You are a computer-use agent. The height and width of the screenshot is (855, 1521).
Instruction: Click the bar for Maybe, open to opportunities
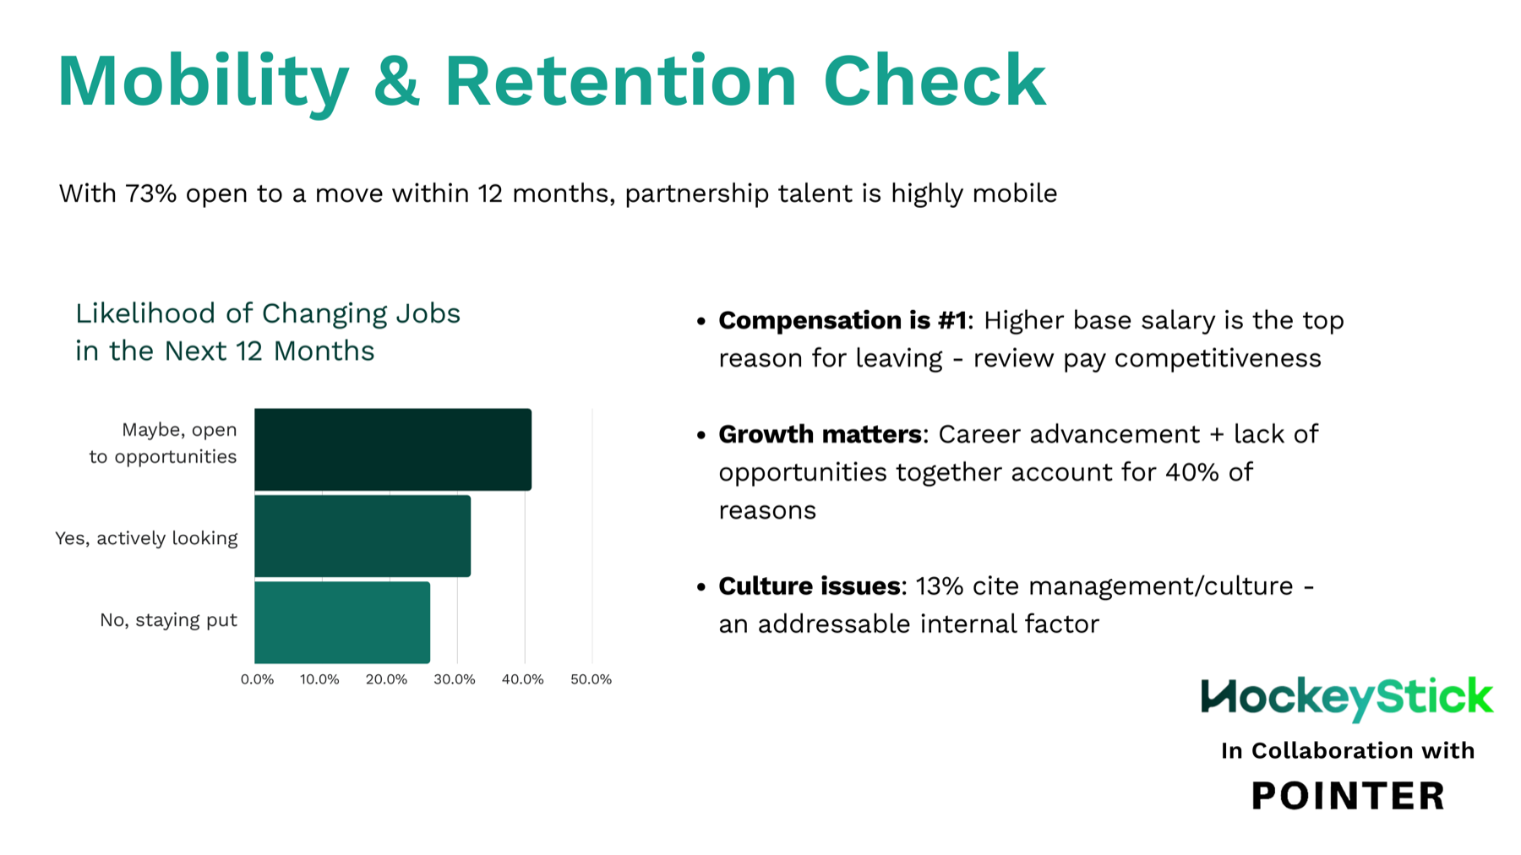pos(393,449)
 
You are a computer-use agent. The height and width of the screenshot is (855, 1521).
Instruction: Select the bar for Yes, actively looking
pos(363,536)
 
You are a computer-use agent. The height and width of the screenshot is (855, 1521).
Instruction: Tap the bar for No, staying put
pos(342,622)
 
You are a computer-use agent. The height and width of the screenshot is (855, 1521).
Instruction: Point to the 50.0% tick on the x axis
pos(591,679)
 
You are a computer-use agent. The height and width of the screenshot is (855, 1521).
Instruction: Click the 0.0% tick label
pos(257,679)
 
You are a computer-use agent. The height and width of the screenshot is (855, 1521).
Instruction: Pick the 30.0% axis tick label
pos(455,679)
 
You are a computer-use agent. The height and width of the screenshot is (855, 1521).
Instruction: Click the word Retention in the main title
pos(620,81)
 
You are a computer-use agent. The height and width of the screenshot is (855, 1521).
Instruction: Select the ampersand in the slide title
pos(396,81)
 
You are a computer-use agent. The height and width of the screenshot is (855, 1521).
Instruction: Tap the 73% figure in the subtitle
pos(151,193)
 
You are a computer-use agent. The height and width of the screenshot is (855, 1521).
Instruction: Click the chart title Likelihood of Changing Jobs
pos(267,313)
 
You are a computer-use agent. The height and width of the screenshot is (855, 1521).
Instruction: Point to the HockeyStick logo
pos(1347,699)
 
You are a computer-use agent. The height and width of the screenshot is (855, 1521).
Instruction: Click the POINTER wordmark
pos(1348,796)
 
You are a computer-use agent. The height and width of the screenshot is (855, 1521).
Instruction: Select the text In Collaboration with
pos(1347,750)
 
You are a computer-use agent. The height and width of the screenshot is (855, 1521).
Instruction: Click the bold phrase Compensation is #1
pos(842,320)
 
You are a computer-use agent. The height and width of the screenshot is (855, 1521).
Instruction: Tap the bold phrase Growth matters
pos(819,434)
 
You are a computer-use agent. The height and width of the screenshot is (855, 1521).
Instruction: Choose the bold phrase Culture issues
pos(809,585)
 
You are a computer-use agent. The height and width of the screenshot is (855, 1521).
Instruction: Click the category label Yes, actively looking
pos(146,538)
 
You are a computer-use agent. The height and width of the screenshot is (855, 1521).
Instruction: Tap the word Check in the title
pos(934,81)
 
